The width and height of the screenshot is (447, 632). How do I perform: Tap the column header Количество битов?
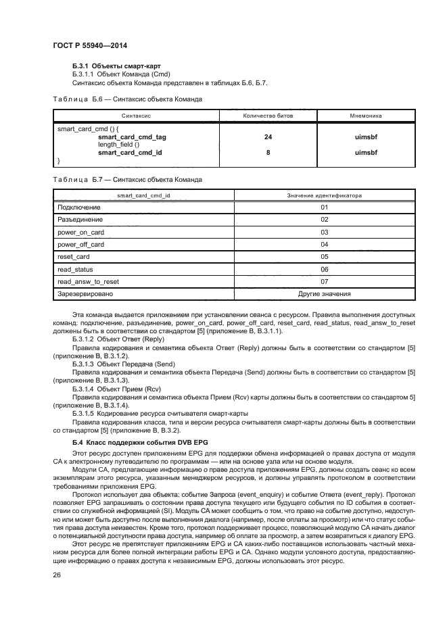(268, 116)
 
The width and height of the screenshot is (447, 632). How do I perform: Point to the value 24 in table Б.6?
(268, 137)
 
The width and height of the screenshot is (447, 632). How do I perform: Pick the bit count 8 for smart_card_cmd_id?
(268, 153)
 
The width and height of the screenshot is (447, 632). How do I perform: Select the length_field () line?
(118, 145)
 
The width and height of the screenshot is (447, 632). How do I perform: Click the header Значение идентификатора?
(324, 195)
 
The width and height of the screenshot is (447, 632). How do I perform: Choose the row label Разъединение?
(80, 220)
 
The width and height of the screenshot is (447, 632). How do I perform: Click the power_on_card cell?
(80, 232)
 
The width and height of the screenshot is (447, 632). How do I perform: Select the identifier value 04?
(324, 244)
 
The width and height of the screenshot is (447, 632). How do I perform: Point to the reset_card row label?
(74, 257)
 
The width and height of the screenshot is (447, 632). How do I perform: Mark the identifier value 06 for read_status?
(324, 269)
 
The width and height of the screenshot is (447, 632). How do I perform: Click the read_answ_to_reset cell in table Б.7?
(89, 281)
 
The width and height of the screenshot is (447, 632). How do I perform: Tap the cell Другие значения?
(324, 294)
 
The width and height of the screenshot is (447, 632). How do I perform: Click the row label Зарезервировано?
(85, 294)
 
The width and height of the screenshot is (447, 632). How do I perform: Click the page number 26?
(56, 574)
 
